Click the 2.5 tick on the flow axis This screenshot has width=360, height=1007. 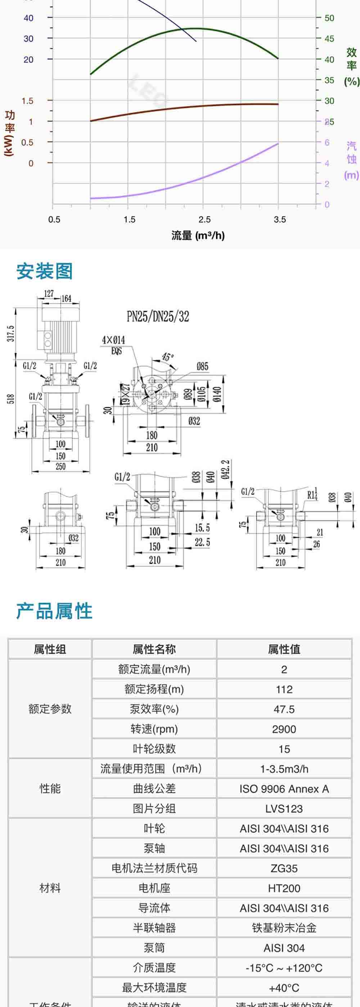(x=204, y=219)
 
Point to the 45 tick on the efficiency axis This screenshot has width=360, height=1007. (x=329, y=39)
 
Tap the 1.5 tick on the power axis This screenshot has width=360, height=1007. (x=27, y=101)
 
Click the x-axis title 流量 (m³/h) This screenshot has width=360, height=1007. (x=198, y=235)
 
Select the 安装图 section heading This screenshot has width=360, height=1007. (x=44, y=271)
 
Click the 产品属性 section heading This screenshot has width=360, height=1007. (x=54, y=611)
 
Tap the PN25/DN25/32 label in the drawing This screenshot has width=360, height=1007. (x=158, y=316)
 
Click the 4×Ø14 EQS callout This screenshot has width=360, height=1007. (x=113, y=344)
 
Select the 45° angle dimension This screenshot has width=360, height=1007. (x=168, y=357)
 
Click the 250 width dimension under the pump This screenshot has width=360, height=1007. (x=60, y=466)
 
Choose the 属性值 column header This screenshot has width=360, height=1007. (x=284, y=649)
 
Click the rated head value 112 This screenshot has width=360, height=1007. (x=284, y=689)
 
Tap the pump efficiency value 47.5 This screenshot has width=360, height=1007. (x=284, y=709)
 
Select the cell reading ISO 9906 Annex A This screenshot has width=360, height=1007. (x=284, y=789)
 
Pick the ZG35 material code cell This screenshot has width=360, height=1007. (x=284, y=868)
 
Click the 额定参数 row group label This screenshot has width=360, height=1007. (x=50, y=709)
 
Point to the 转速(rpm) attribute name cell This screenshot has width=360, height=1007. (x=154, y=729)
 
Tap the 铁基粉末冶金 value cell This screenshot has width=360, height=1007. (x=284, y=928)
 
